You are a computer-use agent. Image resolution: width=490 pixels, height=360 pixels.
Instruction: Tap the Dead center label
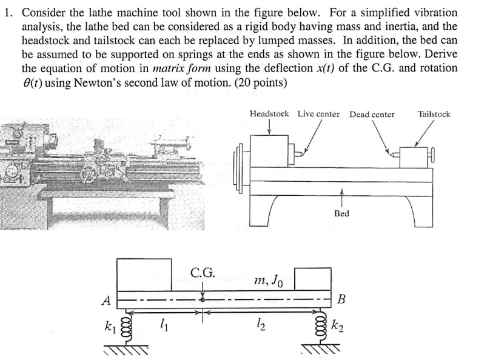point(372,114)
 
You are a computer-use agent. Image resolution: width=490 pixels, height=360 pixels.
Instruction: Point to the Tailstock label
point(434,114)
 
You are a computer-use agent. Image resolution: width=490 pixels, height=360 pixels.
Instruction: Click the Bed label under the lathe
point(341,214)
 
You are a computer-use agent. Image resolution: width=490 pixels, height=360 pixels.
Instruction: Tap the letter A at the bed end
point(106,300)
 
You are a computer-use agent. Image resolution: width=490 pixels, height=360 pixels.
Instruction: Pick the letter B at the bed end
point(341,299)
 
